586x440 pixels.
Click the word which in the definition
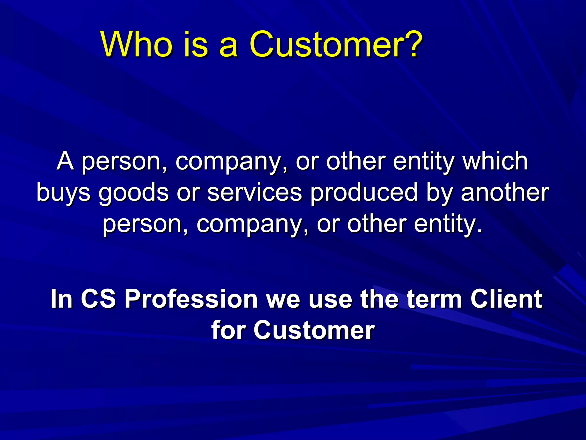[x=495, y=161]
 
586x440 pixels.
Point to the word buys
[x=64, y=193]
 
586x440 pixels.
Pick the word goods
[x=134, y=193]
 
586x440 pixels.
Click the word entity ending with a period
[x=448, y=224]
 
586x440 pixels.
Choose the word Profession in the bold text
[x=191, y=299]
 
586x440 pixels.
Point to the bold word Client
[x=506, y=299]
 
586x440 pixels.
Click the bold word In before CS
[x=61, y=299]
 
